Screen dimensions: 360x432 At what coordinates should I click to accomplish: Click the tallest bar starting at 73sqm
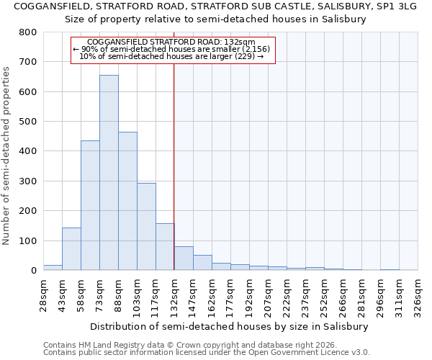[x=109, y=173]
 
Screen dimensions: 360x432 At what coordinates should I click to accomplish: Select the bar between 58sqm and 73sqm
[x=90, y=205]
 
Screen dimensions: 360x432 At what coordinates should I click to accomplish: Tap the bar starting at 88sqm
[x=127, y=201]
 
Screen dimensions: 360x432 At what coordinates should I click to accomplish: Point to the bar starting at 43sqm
[x=71, y=249]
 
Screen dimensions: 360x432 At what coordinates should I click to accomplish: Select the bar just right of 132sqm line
[x=184, y=258]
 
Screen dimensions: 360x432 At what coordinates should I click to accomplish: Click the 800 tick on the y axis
[x=27, y=32]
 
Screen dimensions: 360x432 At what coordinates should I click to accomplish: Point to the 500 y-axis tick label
[x=27, y=122]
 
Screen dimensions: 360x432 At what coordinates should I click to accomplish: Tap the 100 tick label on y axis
[x=27, y=240]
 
